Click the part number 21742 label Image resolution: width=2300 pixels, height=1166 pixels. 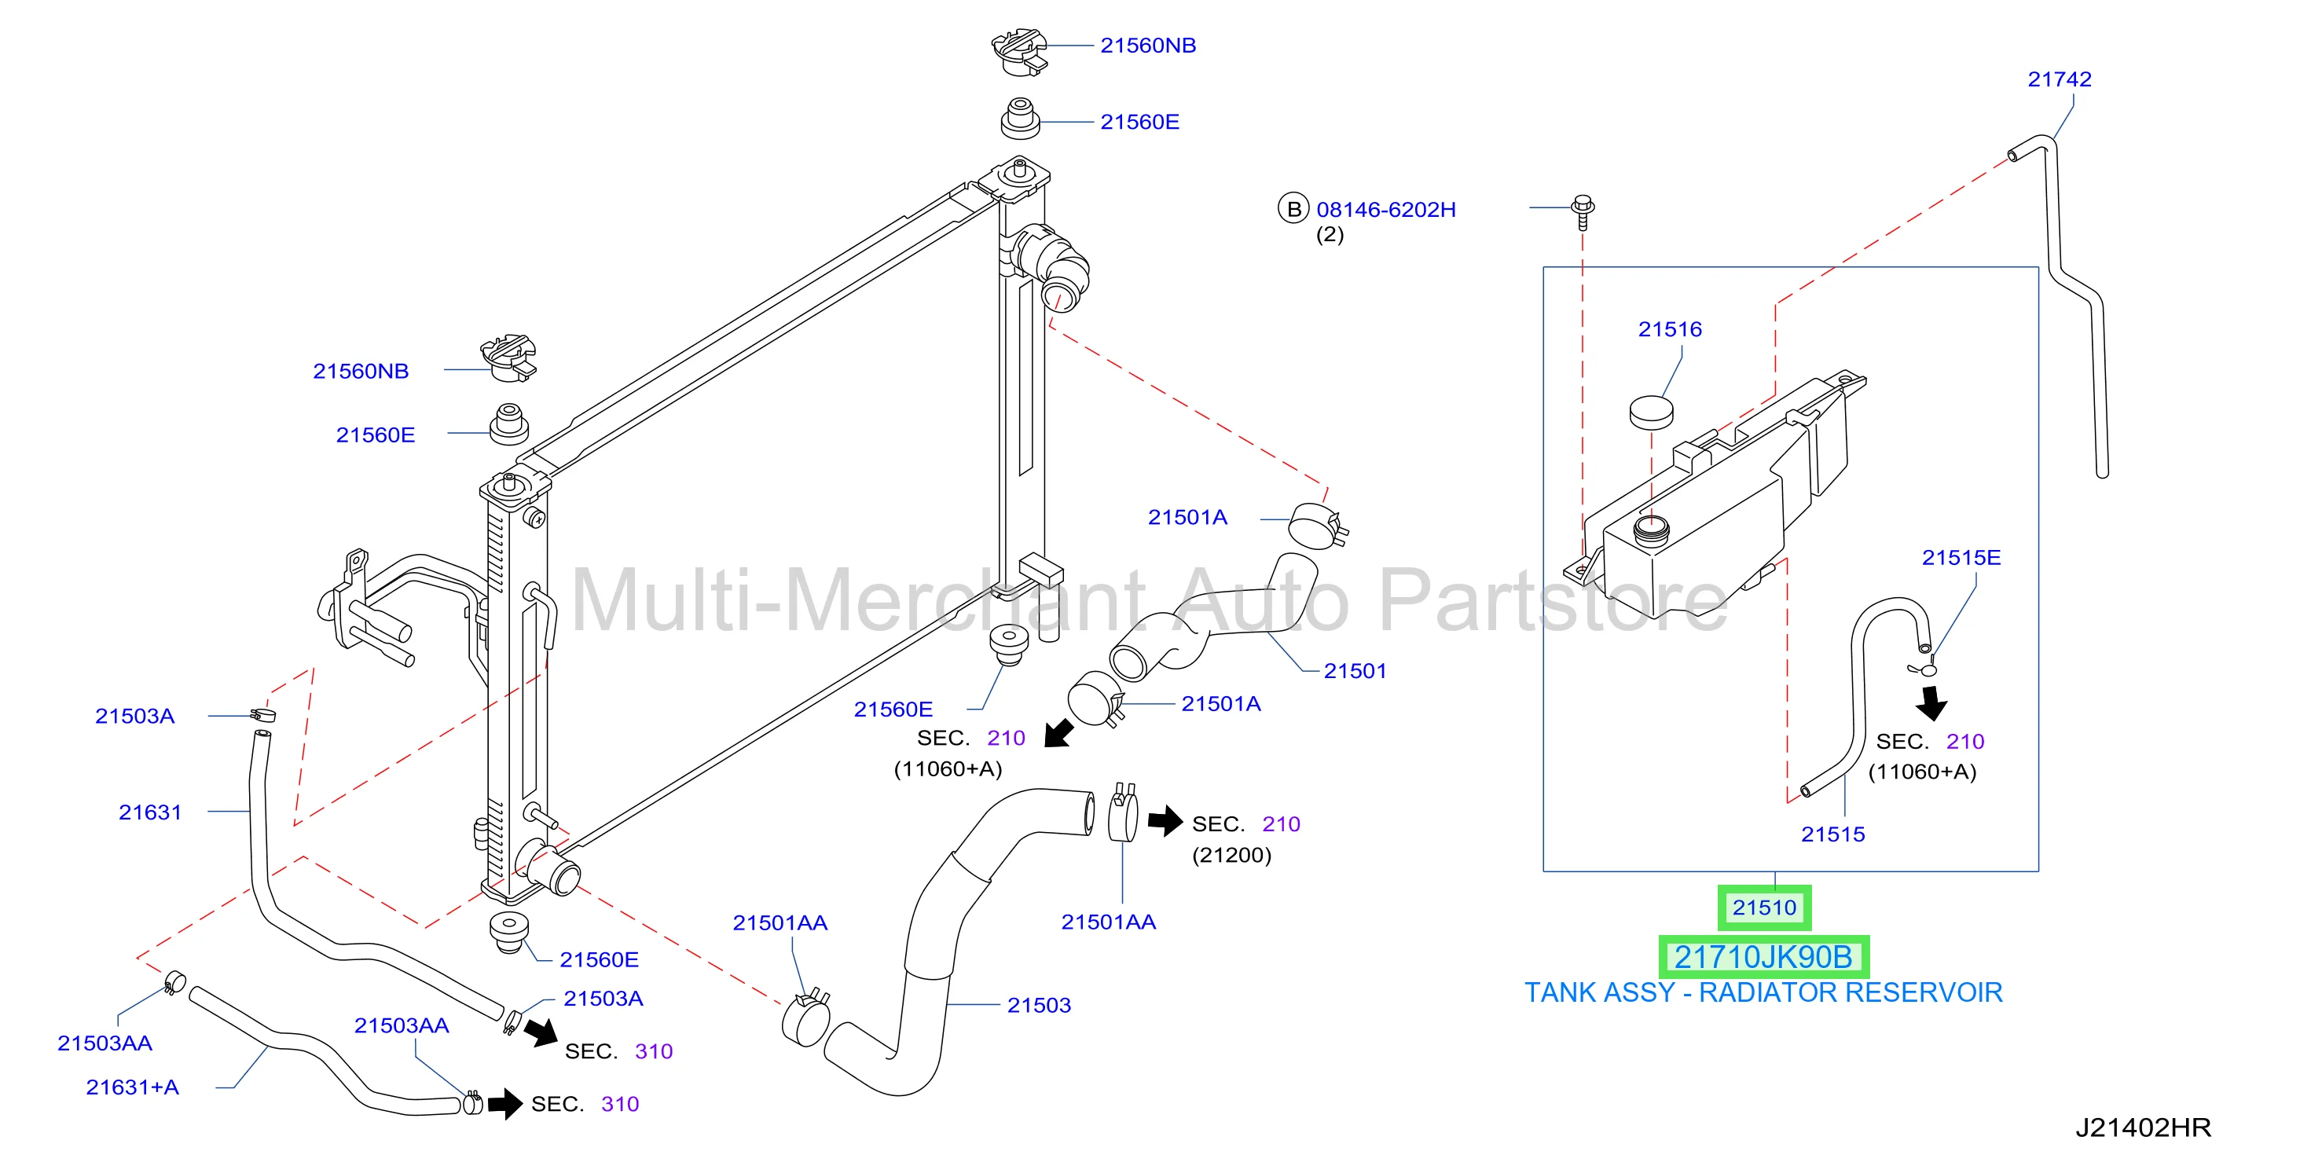[2059, 79]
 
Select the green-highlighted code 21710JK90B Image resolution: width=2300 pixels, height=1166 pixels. [1763, 957]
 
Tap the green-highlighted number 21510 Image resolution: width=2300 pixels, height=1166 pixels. [1764, 908]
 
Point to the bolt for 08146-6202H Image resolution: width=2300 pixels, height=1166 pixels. [1583, 211]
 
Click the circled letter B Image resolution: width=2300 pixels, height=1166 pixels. [1293, 209]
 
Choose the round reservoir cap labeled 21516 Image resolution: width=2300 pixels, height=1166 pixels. [1651, 412]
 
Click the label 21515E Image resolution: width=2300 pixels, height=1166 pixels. [1961, 558]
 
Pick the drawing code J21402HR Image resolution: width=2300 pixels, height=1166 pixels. [2143, 1127]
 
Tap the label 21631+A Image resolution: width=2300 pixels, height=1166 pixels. [132, 1087]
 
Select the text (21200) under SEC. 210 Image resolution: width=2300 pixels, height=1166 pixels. [1231, 856]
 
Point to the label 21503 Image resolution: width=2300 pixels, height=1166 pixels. [1038, 1005]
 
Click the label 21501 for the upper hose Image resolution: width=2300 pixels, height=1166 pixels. [1355, 671]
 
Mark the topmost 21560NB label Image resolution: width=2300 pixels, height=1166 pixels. [1147, 46]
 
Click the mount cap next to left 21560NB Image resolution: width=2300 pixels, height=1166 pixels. [509, 358]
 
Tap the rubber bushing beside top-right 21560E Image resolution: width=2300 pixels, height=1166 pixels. [1021, 119]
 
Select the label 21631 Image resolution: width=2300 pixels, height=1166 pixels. [150, 812]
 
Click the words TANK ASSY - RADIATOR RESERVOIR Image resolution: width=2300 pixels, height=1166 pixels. [1763, 993]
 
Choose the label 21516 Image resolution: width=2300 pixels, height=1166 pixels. [1670, 329]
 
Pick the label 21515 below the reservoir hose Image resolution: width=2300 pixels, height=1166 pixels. [1832, 834]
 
